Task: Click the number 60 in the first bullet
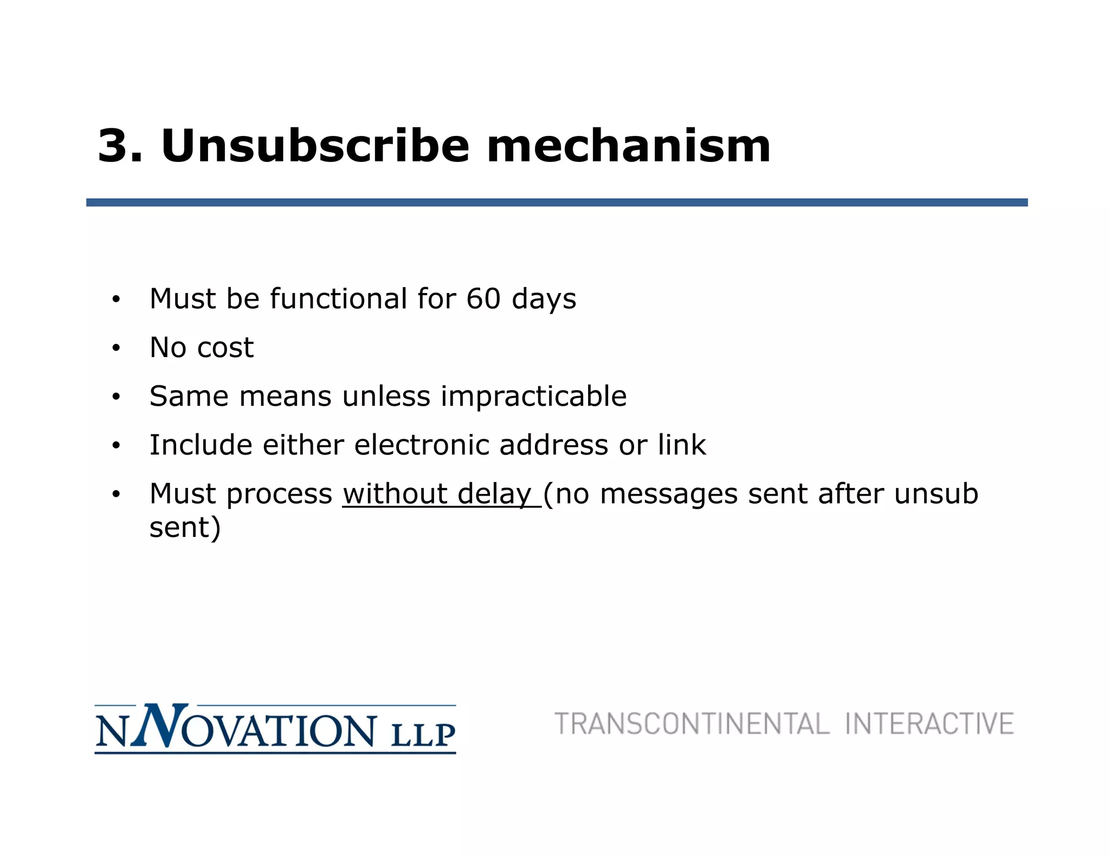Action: coord(483,298)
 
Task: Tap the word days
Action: coord(544,300)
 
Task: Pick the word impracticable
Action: coord(533,397)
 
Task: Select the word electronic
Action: coord(421,445)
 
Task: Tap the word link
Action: coord(681,445)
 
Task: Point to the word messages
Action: coord(669,494)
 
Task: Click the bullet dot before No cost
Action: coord(115,348)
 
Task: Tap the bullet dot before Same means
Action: coord(115,397)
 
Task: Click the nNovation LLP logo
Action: coord(275,729)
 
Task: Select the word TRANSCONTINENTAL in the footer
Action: coord(692,724)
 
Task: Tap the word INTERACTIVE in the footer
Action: coord(929,724)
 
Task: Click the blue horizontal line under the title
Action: coord(557,203)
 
